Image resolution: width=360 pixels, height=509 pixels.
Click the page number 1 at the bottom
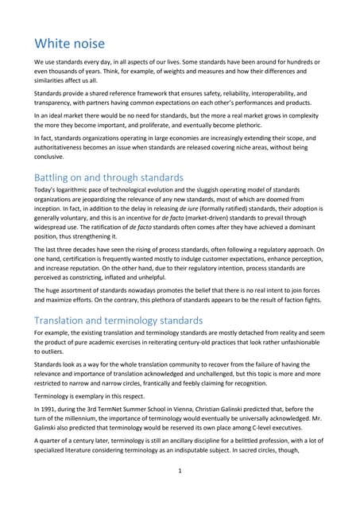tap(180, 492)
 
